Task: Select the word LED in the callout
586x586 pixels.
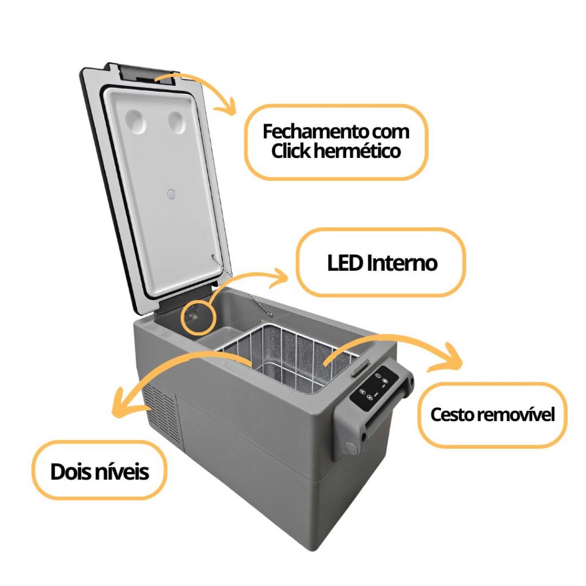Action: (x=345, y=263)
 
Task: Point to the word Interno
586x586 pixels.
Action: (x=402, y=263)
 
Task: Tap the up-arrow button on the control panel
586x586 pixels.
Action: (x=370, y=397)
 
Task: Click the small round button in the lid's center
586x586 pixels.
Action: (x=171, y=195)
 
